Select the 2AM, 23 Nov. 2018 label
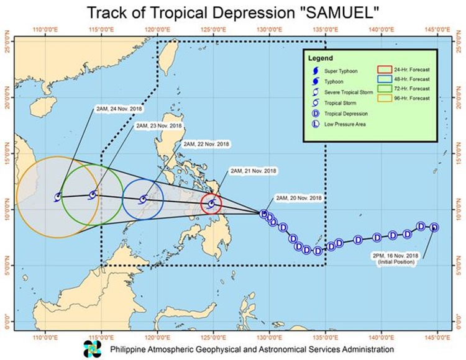[x=159, y=126]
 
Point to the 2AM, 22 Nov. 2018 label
[x=206, y=144]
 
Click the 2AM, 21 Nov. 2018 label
[x=254, y=171]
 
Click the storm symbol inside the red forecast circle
[x=212, y=204]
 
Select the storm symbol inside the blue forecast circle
[x=143, y=200]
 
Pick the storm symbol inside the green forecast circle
[x=93, y=195]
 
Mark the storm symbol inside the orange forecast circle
[x=58, y=197]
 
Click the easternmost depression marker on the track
[x=434, y=227]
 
